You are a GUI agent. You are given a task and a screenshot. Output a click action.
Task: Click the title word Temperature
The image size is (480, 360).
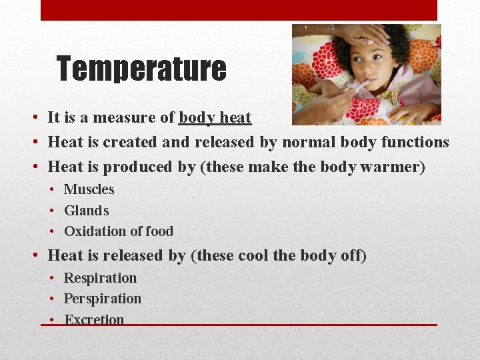click(x=141, y=69)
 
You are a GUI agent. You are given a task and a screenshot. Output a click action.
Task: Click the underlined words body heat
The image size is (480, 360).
click(x=215, y=118)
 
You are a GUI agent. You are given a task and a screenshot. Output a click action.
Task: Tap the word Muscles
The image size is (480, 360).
click(x=89, y=189)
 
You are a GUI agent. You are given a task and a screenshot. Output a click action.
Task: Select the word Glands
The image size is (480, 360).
click(x=86, y=211)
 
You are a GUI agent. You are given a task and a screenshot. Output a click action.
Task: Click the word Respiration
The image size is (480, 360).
click(x=100, y=278)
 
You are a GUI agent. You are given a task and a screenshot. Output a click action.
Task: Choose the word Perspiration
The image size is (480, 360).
click(x=103, y=299)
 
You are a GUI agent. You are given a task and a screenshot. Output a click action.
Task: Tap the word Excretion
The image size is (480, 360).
click(x=94, y=319)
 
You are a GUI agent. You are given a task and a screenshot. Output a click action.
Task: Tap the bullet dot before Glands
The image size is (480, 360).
click(x=53, y=211)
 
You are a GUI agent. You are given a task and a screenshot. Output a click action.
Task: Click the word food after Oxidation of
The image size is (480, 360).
click(x=159, y=231)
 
